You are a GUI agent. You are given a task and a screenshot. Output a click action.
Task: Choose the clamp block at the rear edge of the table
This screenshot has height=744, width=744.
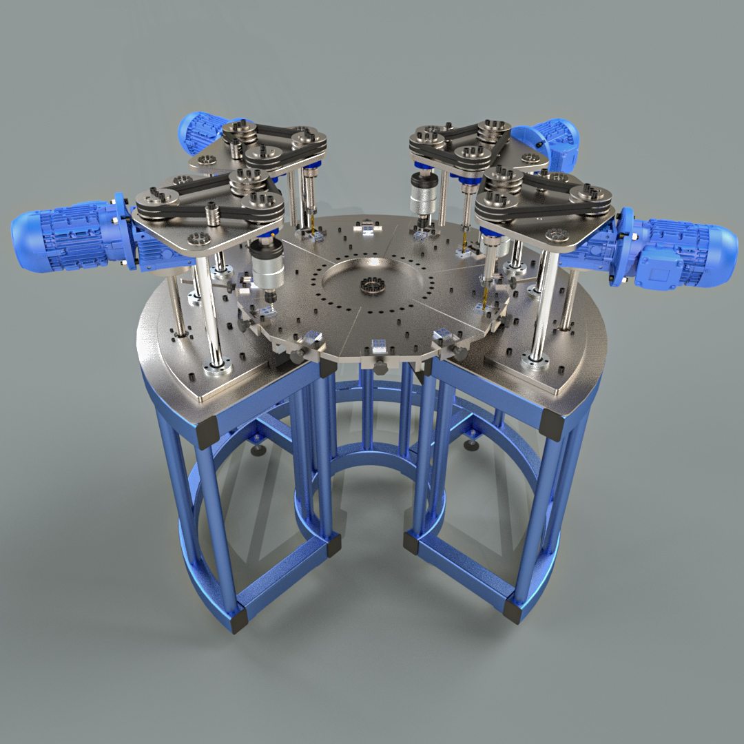click(x=368, y=227)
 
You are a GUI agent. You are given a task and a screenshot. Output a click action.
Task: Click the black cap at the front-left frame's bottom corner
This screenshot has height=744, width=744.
click(x=238, y=621)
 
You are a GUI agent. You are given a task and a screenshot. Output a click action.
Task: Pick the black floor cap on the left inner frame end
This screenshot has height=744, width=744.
click(x=333, y=546)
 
